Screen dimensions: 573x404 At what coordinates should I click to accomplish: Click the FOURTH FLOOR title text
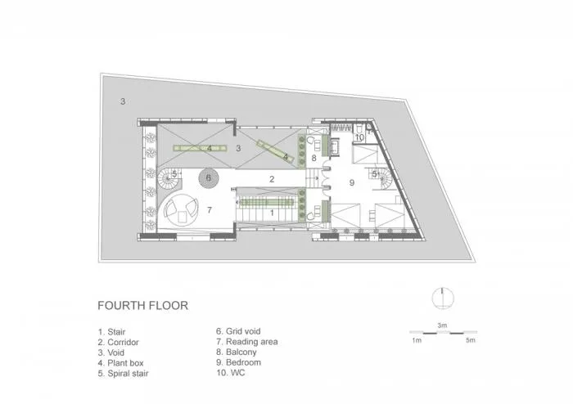click(x=143, y=306)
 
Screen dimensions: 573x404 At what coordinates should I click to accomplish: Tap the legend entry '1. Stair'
click(x=112, y=332)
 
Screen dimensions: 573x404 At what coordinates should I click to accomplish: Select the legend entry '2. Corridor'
click(x=119, y=343)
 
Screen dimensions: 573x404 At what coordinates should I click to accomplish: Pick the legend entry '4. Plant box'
click(x=120, y=363)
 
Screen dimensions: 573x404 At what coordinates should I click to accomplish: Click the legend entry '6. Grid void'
click(x=238, y=331)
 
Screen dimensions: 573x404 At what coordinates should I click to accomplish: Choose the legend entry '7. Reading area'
click(x=246, y=342)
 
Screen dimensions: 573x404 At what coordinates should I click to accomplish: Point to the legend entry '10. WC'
click(x=230, y=373)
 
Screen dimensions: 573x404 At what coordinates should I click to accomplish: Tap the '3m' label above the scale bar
click(x=442, y=325)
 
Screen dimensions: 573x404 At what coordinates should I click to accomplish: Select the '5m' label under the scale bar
click(x=471, y=340)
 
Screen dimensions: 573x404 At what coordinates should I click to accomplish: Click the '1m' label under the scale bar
click(x=417, y=340)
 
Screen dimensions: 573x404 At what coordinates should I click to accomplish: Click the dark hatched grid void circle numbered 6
click(x=209, y=178)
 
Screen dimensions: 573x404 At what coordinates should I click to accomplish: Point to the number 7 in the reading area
click(x=210, y=210)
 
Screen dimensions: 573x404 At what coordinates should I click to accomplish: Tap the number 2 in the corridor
click(x=272, y=179)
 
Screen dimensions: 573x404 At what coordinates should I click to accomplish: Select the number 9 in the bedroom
click(x=352, y=182)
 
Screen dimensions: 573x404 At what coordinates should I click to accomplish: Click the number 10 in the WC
click(x=359, y=137)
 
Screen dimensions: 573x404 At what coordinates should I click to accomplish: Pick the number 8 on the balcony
click(x=314, y=159)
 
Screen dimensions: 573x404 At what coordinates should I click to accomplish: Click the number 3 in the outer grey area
click(x=123, y=101)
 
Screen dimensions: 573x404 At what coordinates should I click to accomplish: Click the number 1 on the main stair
click(x=272, y=213)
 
